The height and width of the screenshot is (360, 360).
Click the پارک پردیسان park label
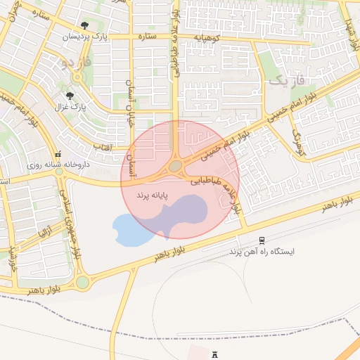[86, 36]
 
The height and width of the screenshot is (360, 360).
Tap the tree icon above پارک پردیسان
[85, 26]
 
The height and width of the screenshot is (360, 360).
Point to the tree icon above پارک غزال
[70, 95]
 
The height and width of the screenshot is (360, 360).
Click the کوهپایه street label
[205, 36]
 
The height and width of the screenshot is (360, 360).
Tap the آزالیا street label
[44, 231]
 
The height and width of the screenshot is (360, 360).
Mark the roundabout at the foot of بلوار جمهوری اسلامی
[83, 282]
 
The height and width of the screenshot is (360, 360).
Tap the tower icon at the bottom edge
[215, 356]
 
